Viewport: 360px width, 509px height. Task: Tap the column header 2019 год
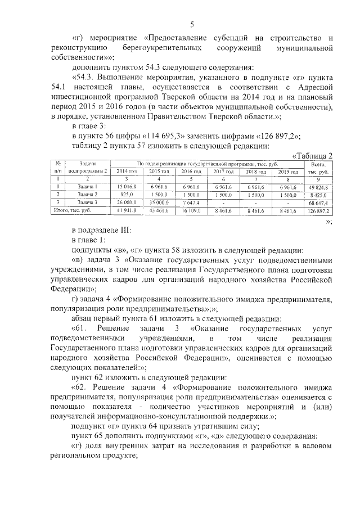click(288, 171)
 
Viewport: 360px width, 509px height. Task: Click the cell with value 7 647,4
click(191, 201)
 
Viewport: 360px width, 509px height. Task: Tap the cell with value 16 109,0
click(191, 210)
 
